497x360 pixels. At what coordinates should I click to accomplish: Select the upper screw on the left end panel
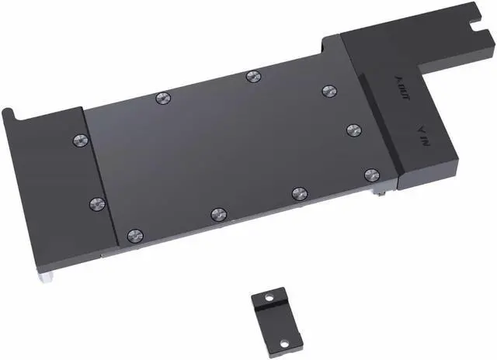(x=78, y=140)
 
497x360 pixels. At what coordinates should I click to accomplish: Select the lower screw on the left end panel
(x=96, y=203)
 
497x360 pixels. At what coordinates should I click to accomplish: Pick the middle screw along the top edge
(x=252, y=76)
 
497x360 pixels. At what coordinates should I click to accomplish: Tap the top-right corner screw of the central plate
(x=327, y=90)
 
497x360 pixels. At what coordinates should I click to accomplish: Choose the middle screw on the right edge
(x=353, y=129)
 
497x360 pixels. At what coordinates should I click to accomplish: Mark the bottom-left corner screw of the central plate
(x=135, y=234)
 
